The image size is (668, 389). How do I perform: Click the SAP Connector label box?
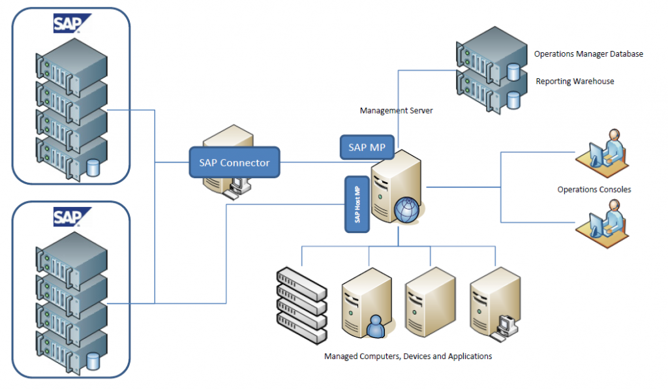234,163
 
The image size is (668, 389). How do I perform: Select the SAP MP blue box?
367,148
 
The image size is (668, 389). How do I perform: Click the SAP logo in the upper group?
72,23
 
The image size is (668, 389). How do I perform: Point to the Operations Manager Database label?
588,54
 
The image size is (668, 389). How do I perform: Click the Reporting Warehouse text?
575,82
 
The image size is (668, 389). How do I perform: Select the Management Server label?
396,111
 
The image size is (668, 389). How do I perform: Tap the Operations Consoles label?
594,190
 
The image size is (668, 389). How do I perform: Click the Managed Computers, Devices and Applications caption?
408,356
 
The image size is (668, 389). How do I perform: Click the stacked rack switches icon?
301,305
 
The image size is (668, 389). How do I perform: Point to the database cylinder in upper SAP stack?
93,168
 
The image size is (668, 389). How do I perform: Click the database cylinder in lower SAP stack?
93,360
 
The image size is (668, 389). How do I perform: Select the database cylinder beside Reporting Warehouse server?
513,99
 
